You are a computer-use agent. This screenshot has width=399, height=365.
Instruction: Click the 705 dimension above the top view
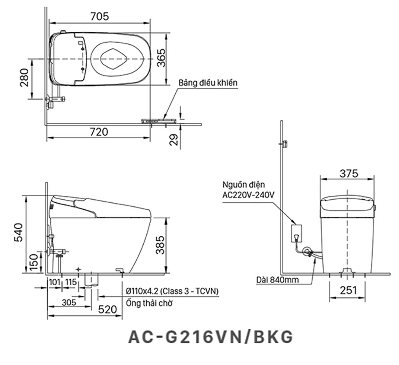(x=100, y=16)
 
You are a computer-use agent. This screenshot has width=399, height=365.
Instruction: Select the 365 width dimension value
(x=161, y=58)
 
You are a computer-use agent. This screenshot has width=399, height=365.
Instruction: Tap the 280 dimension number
(x=24, y=78)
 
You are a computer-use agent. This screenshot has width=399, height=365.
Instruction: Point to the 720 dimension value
(x=99, y=132)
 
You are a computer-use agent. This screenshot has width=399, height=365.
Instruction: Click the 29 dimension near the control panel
(x=174, y=140)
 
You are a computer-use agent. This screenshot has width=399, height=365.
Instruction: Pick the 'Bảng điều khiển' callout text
(x=207, y=83)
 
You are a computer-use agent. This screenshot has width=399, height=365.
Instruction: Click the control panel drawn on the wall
(x=159, y=120)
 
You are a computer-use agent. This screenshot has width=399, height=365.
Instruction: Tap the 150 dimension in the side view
(x=34, y=262)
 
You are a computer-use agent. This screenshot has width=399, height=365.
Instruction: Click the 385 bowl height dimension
(x=160, y=245)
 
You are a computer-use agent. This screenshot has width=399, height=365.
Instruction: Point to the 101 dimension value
(x=54, y=282)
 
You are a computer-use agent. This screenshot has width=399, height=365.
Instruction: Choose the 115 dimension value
(x=71, y=282)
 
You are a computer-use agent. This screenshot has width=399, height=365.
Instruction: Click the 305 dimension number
(x=69, y=302)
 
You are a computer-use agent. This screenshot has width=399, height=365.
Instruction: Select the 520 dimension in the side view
(x=107, y=310)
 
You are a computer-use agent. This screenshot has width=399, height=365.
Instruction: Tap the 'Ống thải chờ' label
(x=149, y=303)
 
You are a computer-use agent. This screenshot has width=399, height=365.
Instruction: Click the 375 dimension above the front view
(x=349, y=174)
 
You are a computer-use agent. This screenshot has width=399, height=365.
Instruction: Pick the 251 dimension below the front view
(x=348, y=290)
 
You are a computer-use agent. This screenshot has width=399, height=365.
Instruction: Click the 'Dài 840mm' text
(x=277, y=280)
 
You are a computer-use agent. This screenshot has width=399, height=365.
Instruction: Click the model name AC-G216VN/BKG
(x=210, y=337)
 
